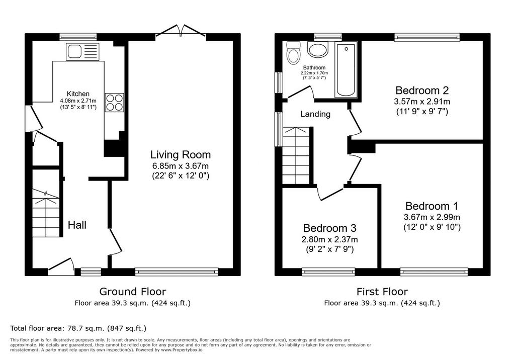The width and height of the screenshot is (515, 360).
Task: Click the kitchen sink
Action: pyautogui.click(x=82, y=52)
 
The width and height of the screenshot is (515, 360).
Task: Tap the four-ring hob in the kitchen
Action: pyautogui.click(x=114, y=103)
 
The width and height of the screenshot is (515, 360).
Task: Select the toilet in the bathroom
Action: pyautogui.click(x=292, y=53)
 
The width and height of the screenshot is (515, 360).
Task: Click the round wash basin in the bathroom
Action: pyautogui.click(x=318, y=49)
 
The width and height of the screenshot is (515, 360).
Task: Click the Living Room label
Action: pyautogui.click(x=181, y=154)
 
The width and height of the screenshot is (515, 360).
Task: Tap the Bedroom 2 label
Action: pyautogui.click(x=422, y=90)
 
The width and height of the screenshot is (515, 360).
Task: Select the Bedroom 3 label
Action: pyautogui.click(x=330, y=228)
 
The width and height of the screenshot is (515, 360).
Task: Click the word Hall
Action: pyautogui.click(x=77, y=225)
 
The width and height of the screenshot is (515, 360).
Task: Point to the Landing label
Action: pyautogui.click(x=315, y=114)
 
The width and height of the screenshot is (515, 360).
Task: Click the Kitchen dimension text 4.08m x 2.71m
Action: pyautogui.click(x=78, y=101)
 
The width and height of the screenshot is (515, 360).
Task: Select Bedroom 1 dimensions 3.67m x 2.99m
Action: pyautogui.click(x=432, y=217)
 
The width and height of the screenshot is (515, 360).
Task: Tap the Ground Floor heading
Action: pyautogui.click(x=133, y=291)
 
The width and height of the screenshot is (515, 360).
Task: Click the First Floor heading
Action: pyautogui.click(x=382, y=291)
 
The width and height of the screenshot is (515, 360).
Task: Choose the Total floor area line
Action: pyautogui.click(x=78, y=328)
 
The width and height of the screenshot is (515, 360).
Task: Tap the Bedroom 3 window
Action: pyautogui.click(x=328, y=272)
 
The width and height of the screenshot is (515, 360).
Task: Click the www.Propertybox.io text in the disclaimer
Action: pyautogui.click(x=182, y=350)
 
